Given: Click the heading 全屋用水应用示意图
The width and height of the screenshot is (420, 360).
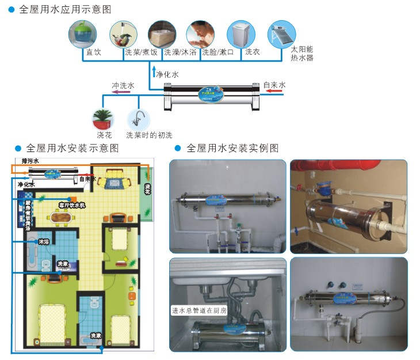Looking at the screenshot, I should tap(65, 9).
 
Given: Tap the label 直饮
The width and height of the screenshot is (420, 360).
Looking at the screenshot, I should tap(93, 52).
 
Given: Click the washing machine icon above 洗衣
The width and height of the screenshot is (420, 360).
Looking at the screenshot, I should tap(241, 34).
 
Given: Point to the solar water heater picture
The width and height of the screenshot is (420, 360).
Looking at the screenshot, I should tap(282, 34).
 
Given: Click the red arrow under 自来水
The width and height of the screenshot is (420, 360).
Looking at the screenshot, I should tap(274, 90).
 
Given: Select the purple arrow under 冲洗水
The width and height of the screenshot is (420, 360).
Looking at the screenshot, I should tap(123, 90).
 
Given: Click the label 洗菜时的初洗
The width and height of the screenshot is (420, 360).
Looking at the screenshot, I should tap(149, 135).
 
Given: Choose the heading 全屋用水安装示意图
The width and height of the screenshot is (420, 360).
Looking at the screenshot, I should tap(72, 148).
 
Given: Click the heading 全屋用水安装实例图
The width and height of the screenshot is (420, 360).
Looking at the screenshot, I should tap(232, 148).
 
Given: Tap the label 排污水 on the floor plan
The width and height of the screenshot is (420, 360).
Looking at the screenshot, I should tap(29, 162).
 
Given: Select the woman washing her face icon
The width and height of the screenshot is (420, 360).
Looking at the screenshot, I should tap(201, 34).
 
